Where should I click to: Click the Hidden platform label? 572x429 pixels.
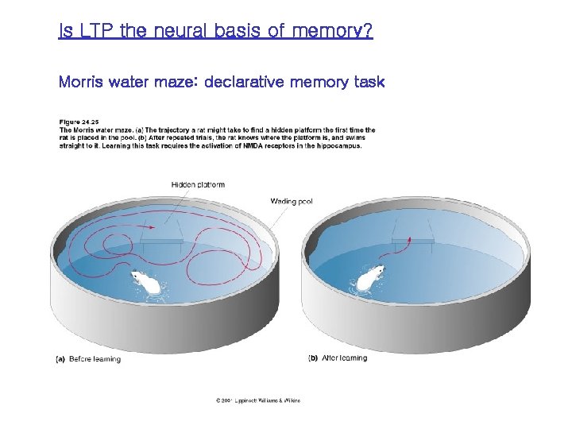(198, 185)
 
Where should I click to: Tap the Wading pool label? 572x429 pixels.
(292, 202)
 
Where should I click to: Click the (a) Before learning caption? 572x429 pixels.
(88, 359)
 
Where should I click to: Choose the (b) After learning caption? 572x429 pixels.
(338, 358)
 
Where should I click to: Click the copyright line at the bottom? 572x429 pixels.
(257, 400)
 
